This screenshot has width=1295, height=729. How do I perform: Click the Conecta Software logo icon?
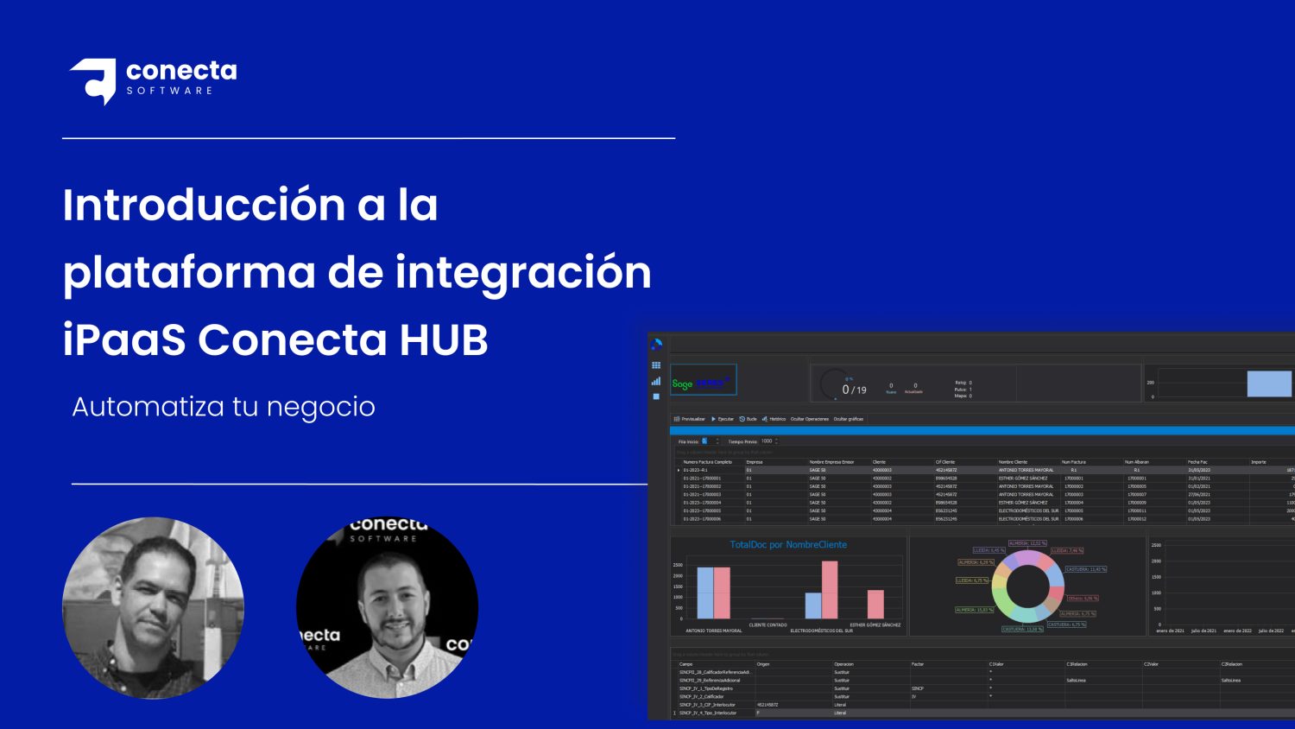click(94, 79)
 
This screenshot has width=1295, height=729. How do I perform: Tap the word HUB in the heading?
click(443, 340)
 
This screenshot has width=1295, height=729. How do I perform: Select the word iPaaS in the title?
click(123, 340)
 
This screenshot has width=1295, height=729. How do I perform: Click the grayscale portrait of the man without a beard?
click(154, 608)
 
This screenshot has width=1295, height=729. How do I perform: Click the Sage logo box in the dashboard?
click(703, 381)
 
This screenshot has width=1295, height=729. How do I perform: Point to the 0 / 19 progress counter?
click(854, 390)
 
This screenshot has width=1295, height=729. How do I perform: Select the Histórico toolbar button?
click(774, 419)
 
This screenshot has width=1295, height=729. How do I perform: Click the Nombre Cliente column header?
click(1014, 462)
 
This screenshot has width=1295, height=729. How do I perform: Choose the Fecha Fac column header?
click(1197, 462)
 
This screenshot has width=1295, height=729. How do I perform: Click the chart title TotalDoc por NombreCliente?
click(788, 545)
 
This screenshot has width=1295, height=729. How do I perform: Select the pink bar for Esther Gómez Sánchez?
click(875, 604)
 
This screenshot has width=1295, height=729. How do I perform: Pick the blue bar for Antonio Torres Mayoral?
click(705, 593)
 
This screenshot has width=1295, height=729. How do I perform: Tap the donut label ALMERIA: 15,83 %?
click(975, 610)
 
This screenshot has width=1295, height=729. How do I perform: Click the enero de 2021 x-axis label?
click(1170, 631)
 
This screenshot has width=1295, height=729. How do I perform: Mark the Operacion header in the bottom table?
click(843, 664)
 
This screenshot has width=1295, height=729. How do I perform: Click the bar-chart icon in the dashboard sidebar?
click(656, 381)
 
